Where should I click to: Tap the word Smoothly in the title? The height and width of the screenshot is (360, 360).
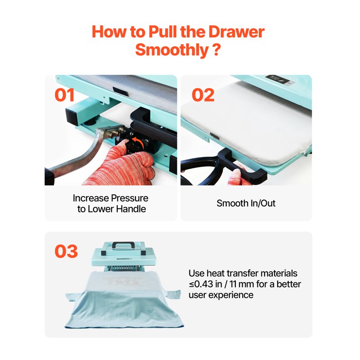click(172, 49)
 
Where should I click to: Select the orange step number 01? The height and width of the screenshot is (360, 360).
click(65, 95)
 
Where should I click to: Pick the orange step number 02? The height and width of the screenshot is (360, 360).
click(203, 95)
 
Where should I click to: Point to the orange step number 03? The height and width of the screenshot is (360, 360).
click(66, 251)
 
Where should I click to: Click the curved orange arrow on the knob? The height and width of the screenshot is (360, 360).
click(138, 142)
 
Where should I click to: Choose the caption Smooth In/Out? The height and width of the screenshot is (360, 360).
click(246, 203)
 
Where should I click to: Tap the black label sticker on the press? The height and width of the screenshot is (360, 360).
click(278, 80)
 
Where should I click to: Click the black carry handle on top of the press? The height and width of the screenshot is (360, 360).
click(123, 245)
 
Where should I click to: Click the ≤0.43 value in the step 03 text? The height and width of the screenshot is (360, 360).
click(201, 284)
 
